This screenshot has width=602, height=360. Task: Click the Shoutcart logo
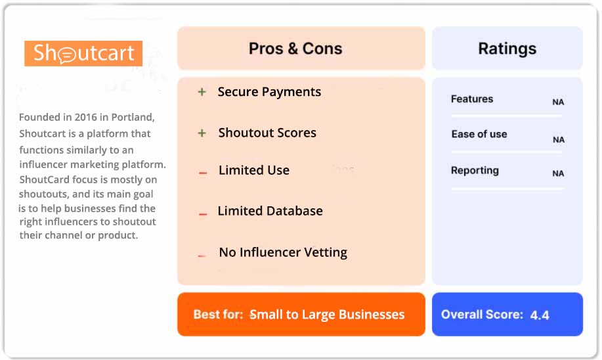pos(83,53)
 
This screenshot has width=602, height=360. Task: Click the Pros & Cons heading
pos(295,49)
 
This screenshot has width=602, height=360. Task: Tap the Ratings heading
pos(507,49)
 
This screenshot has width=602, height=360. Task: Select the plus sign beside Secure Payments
pos(202,92)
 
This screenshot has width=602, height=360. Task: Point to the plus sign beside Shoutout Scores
pos(202,133)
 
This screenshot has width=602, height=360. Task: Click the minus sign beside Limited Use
pos(203,173)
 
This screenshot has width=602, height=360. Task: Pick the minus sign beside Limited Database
pos(203,214)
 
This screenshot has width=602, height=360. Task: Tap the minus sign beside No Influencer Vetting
pos(202,256)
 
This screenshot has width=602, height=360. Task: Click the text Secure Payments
pos(269,92)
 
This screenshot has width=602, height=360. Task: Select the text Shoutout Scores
pos(267,133)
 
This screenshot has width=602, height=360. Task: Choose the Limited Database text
pos(270,211)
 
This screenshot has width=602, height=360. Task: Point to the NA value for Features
pos(558,102)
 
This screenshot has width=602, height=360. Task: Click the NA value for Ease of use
pos(558,140)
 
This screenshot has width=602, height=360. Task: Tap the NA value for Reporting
pos(558,174)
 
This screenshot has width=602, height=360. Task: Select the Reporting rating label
pos(475,171)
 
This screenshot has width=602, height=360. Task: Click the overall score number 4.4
pos(540,315)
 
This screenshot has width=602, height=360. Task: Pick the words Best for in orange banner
pos(218,315)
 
